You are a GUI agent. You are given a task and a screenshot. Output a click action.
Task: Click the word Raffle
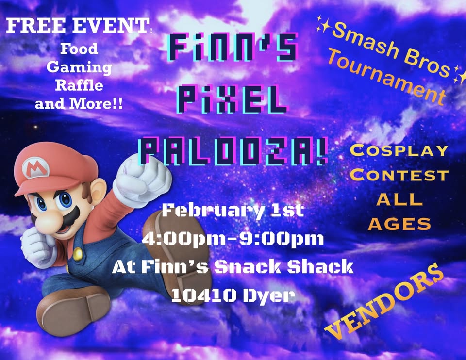coord(79,85)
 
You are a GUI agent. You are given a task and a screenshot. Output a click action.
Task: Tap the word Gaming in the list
coord(79,67)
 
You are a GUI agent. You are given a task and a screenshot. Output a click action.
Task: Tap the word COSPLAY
coord(399,150)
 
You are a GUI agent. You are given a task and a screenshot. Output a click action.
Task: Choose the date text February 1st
coord(233,211)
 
